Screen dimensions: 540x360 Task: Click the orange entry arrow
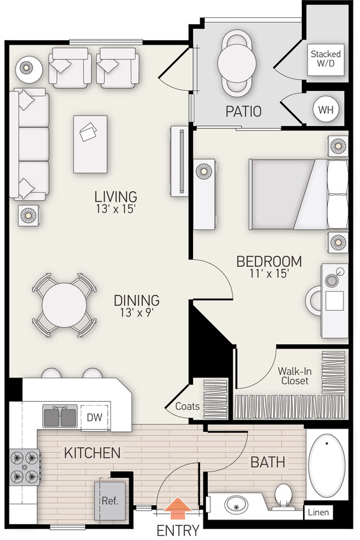click(177, 508)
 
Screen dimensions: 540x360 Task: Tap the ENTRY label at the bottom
click(178, 530)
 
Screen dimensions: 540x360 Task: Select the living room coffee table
click(90, 144)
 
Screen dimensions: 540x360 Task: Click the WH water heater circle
click(326, 109)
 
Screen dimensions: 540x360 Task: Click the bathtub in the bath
click(327, 464)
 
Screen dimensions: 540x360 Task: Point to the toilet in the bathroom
click(281, 496)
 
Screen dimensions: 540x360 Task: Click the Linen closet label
click(318, 512)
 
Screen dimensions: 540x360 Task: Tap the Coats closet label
click(187, 406)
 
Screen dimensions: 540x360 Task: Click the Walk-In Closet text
click(293, 376)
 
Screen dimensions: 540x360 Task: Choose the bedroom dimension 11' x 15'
click(269, 273)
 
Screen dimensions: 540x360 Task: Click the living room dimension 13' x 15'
click(115, 208)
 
